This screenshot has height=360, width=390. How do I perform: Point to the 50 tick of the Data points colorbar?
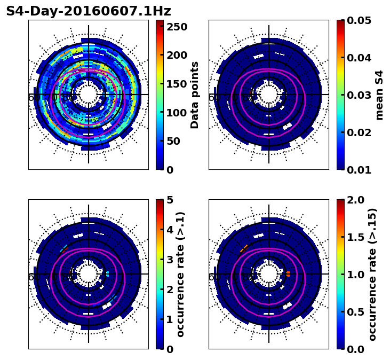[x=174, y=141]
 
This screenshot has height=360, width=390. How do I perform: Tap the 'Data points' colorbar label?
[x=195, y=95]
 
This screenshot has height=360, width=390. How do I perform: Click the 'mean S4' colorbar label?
[x=379, y=95]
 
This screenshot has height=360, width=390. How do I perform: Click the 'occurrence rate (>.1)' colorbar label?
[x=181, y=274]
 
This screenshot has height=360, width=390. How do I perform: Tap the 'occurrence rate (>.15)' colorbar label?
[x=372, y=274]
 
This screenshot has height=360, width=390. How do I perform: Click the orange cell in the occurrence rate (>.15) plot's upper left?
[x=243, y=248]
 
